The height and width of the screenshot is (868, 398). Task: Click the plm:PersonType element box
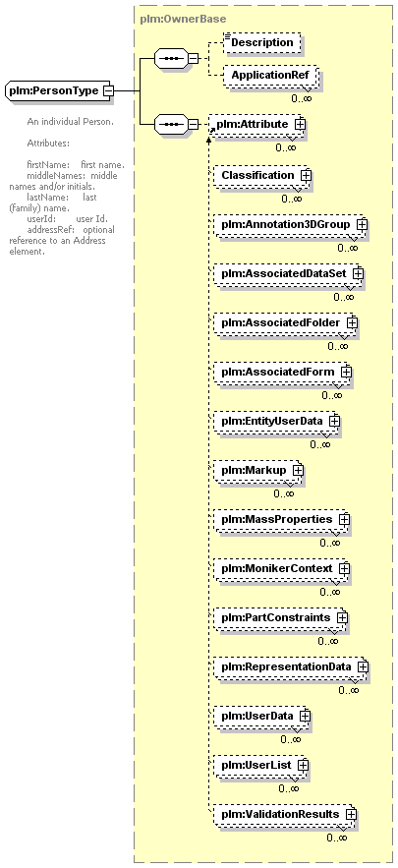59,90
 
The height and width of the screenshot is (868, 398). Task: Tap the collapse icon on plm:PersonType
108,90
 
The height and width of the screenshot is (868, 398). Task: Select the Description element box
262,42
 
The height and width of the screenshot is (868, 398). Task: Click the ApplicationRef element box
270,75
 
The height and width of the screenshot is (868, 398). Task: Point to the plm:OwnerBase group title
183,19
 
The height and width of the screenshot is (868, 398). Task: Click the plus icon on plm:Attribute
300,125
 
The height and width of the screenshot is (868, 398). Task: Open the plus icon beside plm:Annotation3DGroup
362,225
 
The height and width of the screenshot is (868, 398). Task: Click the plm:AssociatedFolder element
284,322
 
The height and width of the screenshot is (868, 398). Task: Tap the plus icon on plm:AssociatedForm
346,372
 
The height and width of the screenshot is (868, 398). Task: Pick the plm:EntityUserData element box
275,422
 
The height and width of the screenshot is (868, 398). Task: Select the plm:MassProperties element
281,520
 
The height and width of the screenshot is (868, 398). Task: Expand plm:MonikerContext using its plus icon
344,568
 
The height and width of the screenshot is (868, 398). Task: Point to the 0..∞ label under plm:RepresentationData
349,690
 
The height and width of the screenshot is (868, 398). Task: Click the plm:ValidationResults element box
284,814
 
